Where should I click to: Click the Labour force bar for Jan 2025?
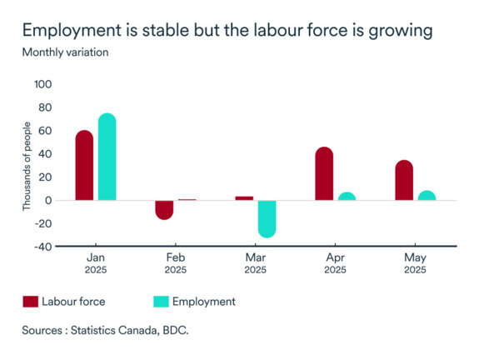84,166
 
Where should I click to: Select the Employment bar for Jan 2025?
107,157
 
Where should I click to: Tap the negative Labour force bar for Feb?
164,209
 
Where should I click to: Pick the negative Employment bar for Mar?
267,218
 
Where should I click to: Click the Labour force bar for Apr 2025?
324,174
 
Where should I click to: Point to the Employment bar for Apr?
347,197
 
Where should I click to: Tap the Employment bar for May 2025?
427,196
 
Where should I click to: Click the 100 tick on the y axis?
42,84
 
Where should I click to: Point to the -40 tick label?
42,247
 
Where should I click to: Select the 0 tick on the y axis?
48,200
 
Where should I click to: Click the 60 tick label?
44,131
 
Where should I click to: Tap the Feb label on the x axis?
175,257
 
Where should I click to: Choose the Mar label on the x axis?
255,257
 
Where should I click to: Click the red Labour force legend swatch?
31,301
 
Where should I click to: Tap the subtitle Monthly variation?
65,52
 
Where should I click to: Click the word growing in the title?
400,32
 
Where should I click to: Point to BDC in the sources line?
177,331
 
